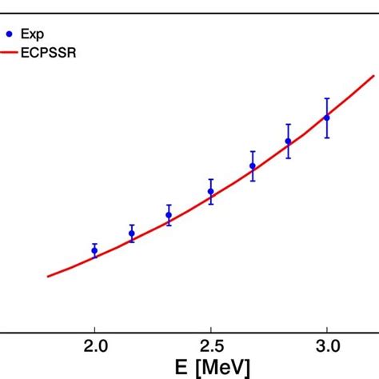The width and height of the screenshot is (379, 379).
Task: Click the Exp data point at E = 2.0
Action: [x=94, y=251]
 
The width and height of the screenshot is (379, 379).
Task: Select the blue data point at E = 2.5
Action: [x=211, y=192]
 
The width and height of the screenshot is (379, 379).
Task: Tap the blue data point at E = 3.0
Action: [x=326, y=118]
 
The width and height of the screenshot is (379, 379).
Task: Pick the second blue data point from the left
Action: [x=132, y=233]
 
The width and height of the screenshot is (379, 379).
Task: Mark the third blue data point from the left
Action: [x=169, y=215]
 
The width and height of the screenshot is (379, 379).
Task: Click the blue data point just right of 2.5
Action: [x=253, y=166]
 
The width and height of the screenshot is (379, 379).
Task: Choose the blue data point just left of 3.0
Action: [x=289, y=142]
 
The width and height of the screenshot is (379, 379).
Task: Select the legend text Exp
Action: [x=37, y=34]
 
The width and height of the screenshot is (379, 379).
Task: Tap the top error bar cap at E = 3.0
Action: [x=326, y=98]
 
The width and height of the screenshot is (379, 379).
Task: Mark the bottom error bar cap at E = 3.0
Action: [x=326, y=138]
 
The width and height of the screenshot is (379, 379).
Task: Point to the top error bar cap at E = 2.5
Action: [x=211, y=179]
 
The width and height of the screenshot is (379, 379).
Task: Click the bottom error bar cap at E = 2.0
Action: [x=94, y=259]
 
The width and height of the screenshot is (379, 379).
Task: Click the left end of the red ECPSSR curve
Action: [x=49, y=277]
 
